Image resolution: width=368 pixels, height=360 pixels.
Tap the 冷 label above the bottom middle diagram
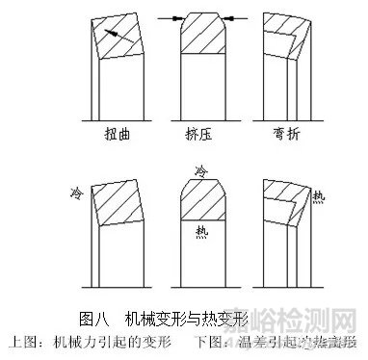tap(201, 170)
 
